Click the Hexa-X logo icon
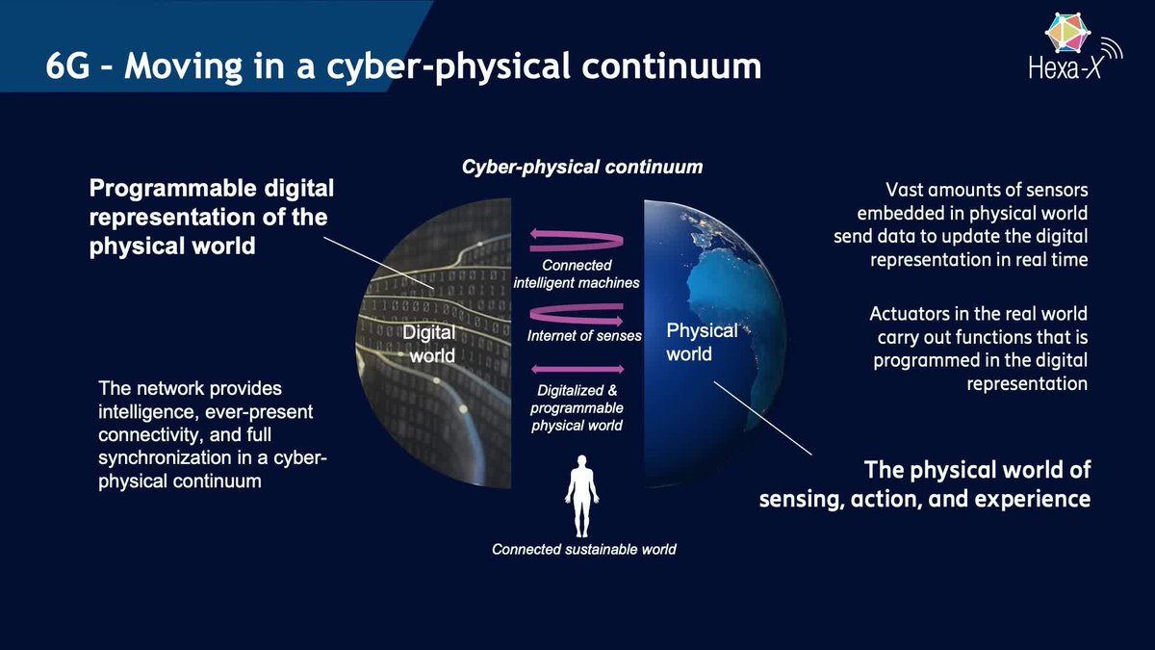point(1066,33)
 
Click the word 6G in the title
point(68,66)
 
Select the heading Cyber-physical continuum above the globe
point(582,167)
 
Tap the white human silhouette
point(581,496)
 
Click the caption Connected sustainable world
point(583,549)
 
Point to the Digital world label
point(429,344)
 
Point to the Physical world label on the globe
point(702,342)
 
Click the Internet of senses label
point(584,336)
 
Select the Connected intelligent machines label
point(577,273)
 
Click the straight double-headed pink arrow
point(577,369)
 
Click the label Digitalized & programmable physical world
point(577,407)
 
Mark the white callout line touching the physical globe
point(762,418)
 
